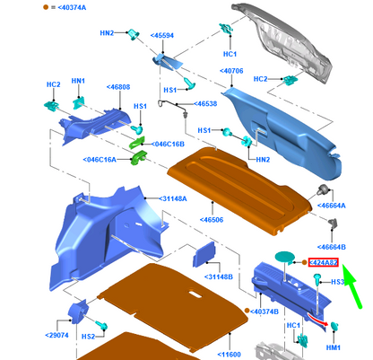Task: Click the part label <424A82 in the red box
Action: (x=324, y=262)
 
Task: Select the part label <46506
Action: (x=212, y=220)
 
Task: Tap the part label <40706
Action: (x=231, y=71)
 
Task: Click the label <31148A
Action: (x=173, y=198)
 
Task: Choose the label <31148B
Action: (x=219, y=277)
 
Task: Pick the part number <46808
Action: (x=118, y=87)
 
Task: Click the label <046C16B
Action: (x=168, y=145)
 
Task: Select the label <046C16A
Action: (x=100, y=160)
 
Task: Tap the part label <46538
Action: (x=205, y=104)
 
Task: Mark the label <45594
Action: (x=161, y=36)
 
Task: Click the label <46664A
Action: (x=331, y=206)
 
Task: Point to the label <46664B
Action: (x=331, y=247)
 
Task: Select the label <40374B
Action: (x=265, y=312)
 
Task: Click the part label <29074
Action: (x=56, y=336)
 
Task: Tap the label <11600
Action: (x=229, y=355)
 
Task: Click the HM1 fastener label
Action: (x=334, y=347)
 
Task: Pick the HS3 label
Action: (x=338, y=282)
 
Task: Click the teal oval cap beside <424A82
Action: (x=285, y=258)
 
